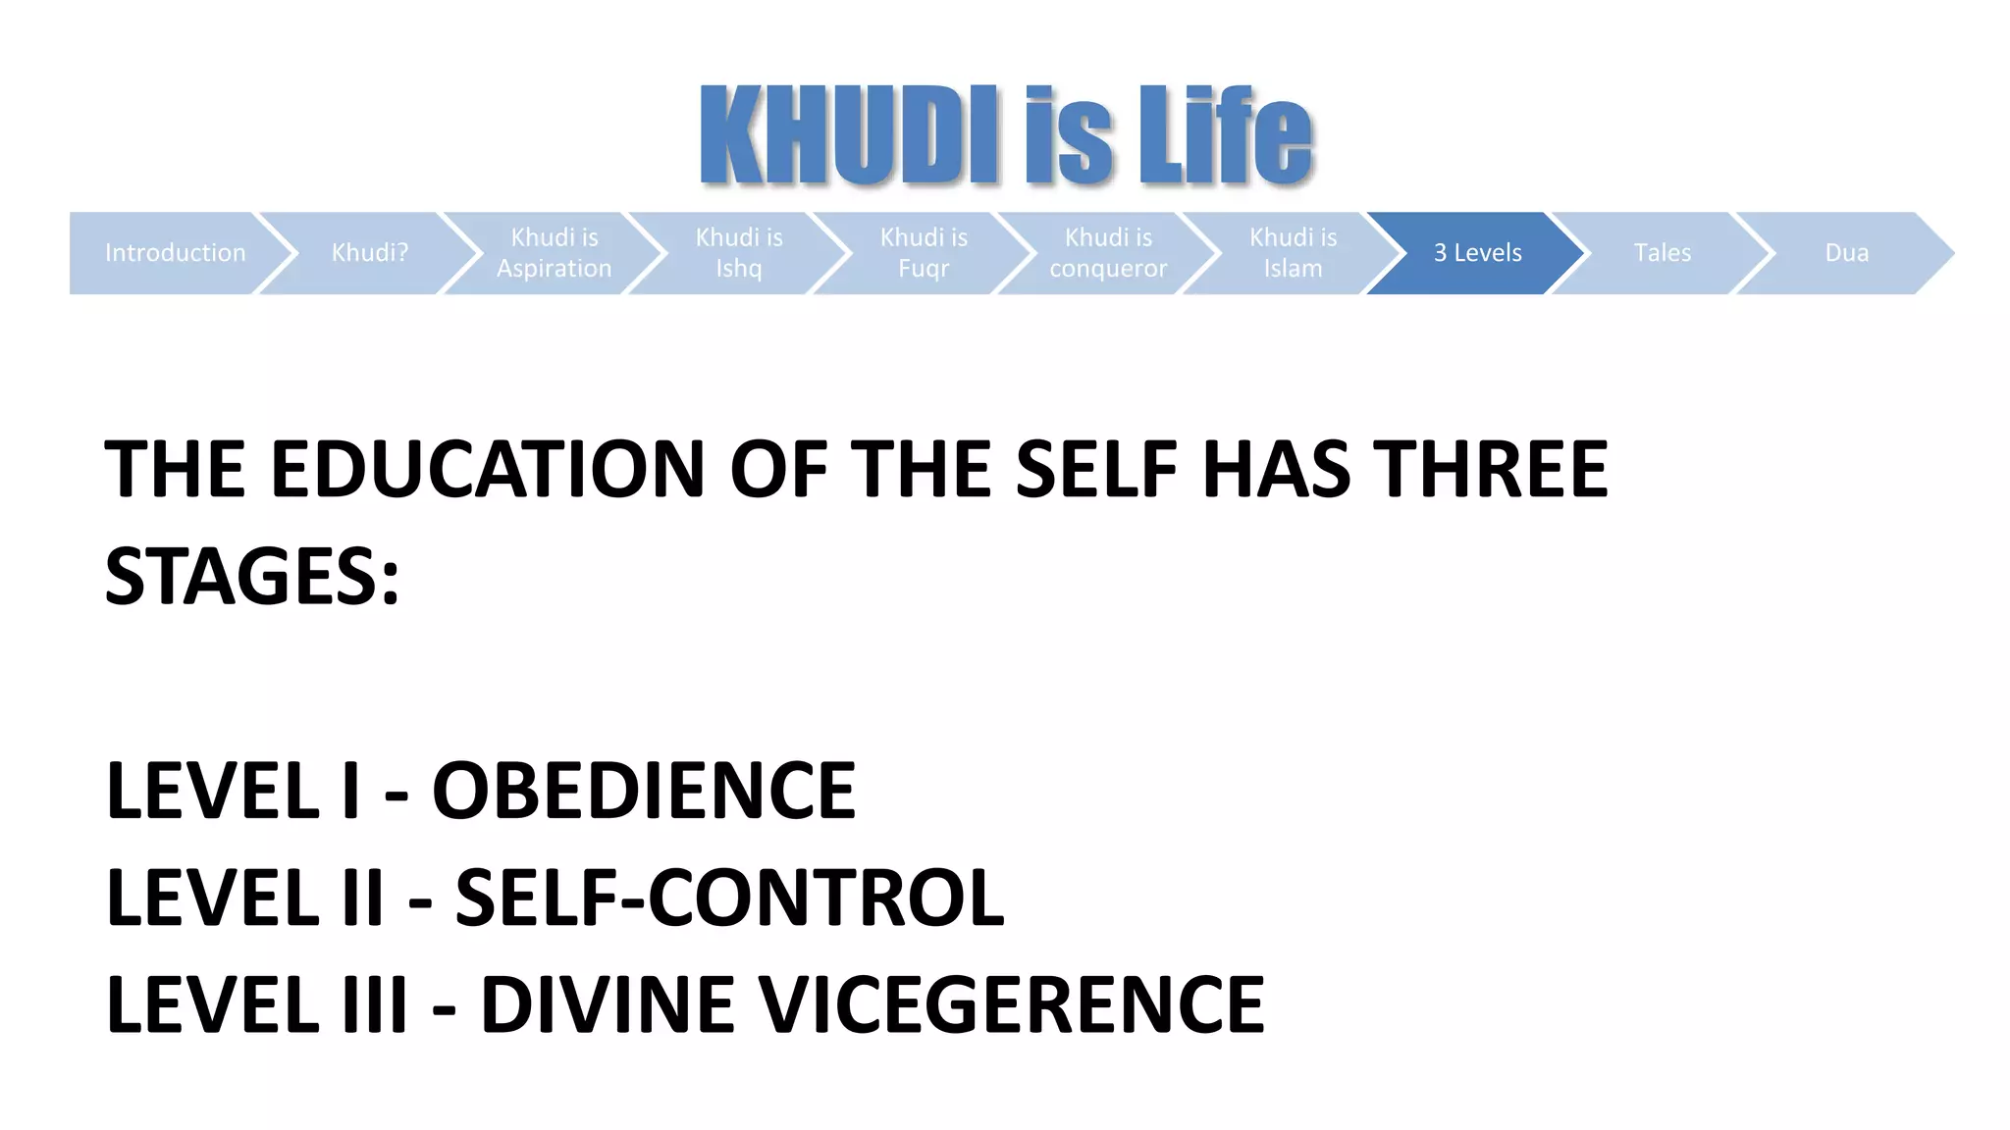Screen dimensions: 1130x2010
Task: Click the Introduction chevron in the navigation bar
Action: click(x=175, y=253)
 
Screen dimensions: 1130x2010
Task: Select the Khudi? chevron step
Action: click(x=370, y=253)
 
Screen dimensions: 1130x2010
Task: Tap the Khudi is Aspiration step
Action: click(x=555, y=253)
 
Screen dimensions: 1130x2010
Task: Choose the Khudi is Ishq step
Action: click(x=739, y=253)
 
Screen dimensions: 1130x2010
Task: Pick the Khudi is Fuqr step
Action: click(x=924, y=253)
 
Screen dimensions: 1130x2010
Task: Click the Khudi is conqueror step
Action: click(x=1108, y=253)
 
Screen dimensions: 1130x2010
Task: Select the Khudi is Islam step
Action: click(x=1293, y=253)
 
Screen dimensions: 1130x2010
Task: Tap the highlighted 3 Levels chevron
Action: click(x=1477, y=253)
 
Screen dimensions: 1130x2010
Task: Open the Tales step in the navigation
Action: click(x=1662, y=253)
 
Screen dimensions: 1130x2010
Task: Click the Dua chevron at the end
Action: click(x=1846, y=253)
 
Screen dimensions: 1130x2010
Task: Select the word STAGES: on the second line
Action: click(x=252, y=577)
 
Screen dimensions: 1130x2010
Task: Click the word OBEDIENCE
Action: click(x=644, y=791)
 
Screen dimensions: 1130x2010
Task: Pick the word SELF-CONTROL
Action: click(x=730, y=898)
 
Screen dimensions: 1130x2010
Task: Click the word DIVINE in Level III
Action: click(x=608, y=1004)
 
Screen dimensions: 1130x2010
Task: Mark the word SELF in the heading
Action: click(x=1095, y=470)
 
